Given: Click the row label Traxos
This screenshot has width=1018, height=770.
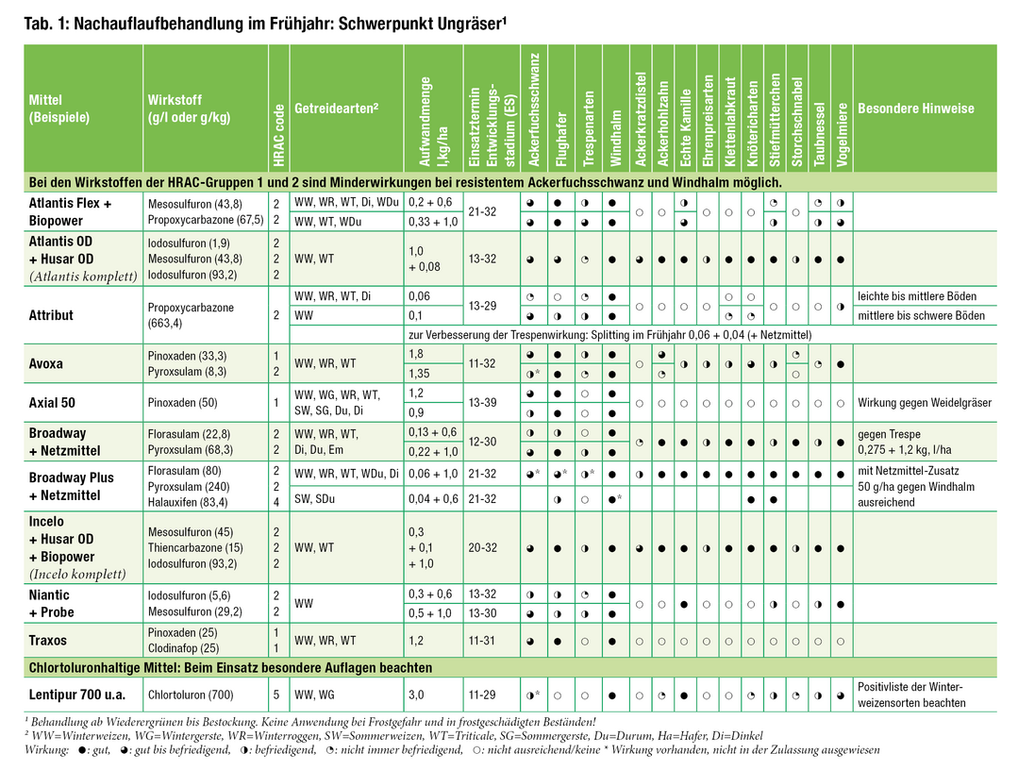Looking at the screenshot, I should [48, 640].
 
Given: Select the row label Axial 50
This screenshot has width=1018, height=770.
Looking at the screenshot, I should [52, 403].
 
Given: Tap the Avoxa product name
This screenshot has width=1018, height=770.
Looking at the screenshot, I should [47, 364].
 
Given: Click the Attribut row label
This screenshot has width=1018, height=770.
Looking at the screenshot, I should [51, 315].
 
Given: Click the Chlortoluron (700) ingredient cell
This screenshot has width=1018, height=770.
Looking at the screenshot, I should [191, 695].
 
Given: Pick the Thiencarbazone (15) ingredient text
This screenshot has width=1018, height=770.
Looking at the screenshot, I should [195, 547].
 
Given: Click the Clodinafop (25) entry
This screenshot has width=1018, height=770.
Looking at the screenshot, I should [184, 648].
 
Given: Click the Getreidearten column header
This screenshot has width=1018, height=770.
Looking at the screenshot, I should [336, 109].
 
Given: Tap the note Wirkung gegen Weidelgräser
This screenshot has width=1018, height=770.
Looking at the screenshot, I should [925, 403].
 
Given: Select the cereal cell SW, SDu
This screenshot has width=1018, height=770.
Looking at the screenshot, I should [318, 499].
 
